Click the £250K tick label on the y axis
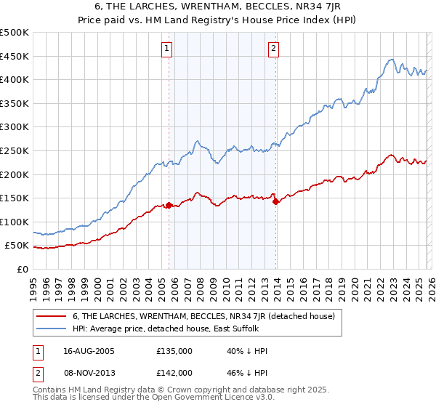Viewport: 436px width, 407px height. coord(15,150)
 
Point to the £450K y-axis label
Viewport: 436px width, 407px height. coord(15,56)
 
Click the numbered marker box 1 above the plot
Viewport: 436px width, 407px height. coord(167,49)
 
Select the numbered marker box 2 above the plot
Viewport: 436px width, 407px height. coord(274,49)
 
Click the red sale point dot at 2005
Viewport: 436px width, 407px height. coord(169,205)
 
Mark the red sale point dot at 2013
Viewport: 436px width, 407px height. coord(275,202)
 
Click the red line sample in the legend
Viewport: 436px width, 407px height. coord(52,316)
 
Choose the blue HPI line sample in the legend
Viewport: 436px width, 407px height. coord(52,329)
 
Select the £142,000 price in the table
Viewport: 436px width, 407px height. coord(174,372)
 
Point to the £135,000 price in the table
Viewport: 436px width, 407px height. coord(174,350)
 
